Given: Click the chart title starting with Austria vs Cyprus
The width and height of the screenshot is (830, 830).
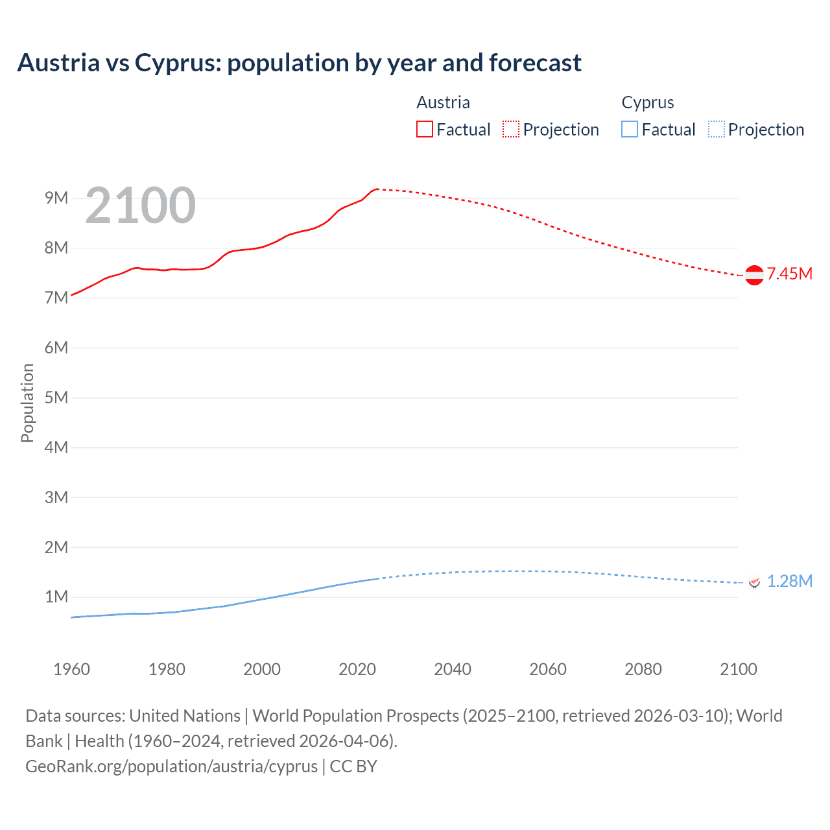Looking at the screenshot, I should [299, 63].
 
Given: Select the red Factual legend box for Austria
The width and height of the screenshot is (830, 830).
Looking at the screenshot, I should [424, 129].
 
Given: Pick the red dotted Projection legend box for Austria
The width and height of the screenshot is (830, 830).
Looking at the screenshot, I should [511, 129].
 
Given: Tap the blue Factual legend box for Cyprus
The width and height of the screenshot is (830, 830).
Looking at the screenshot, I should [630, 129].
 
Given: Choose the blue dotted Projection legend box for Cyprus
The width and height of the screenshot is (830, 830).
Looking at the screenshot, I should [717, 129].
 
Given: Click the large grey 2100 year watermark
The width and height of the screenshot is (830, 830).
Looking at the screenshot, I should [140, 206].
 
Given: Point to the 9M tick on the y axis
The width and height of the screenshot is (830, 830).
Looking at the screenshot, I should [56, 198].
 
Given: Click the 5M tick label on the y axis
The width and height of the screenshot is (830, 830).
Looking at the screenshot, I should [56, 397].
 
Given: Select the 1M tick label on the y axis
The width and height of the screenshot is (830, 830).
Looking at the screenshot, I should [56, 597].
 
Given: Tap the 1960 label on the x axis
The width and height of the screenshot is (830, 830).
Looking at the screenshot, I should [71, 669].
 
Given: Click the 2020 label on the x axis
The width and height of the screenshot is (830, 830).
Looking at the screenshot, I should [357, 669].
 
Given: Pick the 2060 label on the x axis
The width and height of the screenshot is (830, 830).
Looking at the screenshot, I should [548, 669].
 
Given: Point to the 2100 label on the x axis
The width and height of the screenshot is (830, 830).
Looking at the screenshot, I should [738, 669].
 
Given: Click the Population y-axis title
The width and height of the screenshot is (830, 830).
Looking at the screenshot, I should [27, 403].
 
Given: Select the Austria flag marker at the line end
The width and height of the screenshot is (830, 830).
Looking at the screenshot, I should [754, 275].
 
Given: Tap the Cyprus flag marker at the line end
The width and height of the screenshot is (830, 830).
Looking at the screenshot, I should [754, 582].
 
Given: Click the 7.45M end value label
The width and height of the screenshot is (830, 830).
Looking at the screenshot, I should [790, 274].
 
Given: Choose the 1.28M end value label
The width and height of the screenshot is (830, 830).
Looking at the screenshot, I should [790, 581].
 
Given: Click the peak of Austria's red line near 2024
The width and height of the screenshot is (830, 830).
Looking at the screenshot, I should [376, 189].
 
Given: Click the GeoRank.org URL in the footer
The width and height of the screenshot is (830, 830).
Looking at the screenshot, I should [172, 766].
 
